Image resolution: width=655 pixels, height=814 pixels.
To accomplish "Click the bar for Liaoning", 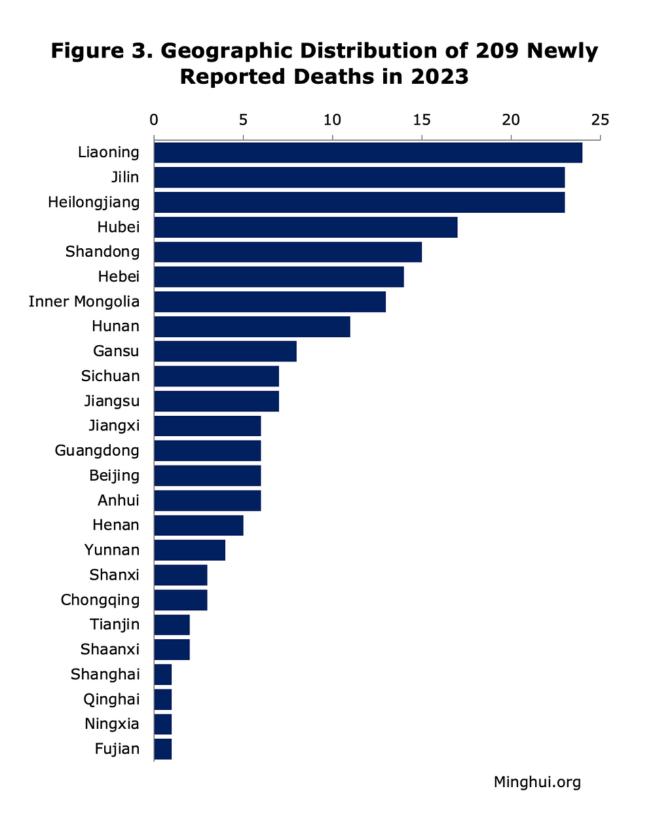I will click(368, 153).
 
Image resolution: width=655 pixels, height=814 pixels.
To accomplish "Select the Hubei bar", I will click(305, 227).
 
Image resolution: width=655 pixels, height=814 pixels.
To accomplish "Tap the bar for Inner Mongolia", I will click(270, 302).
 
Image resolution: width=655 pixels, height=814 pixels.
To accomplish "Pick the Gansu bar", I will click(225, 351).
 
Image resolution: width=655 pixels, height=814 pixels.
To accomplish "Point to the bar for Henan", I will click(198, 525).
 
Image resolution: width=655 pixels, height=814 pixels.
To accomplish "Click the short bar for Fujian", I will click(163, 749).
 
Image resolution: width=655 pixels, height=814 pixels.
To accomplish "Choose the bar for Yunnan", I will click(190, 550).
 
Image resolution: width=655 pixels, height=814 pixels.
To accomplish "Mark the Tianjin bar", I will click(172, 625).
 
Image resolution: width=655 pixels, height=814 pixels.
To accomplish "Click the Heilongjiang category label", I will click(94, 202).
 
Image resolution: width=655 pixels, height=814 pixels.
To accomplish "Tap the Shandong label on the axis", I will click(102, 252).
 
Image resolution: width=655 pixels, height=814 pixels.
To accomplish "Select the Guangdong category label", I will click(97, 451).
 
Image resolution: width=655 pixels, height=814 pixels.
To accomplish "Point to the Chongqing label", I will click(100, 601).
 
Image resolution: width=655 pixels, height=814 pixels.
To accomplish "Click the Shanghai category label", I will click(105, 675).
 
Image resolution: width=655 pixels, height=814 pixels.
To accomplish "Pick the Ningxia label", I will click(111, 724).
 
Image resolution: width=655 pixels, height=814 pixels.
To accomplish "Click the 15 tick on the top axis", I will click(422, 120).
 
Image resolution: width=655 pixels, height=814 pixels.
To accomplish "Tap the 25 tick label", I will click(600, 120).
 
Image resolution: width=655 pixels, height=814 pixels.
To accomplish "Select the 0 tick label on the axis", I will click(154, 120).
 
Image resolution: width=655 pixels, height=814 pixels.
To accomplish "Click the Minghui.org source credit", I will click(537, 782).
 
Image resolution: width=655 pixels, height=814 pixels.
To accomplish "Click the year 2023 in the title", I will click(440, 77).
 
